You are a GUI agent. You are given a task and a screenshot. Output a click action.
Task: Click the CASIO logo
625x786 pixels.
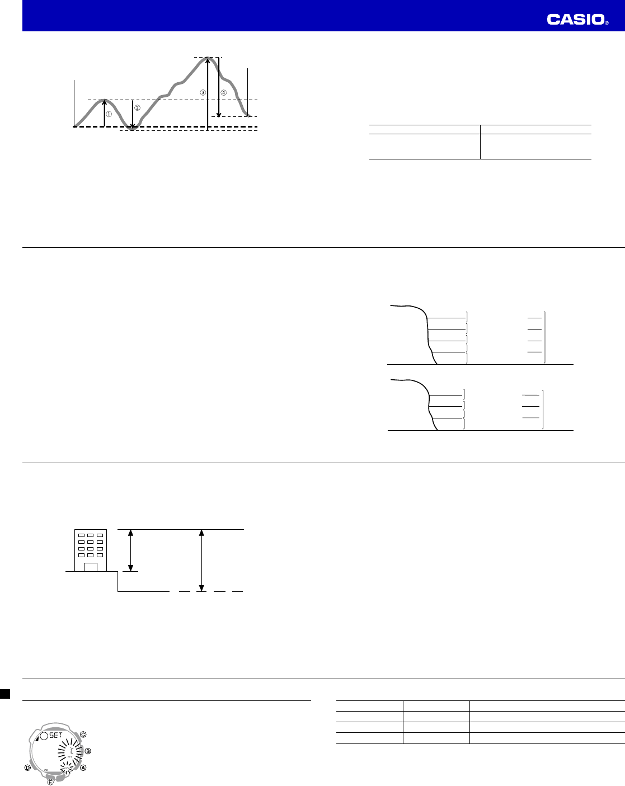click(577, 20)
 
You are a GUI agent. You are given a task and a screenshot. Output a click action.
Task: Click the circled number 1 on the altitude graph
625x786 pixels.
click(109, 114)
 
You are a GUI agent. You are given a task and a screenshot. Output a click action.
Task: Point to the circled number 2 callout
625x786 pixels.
click(138, 108)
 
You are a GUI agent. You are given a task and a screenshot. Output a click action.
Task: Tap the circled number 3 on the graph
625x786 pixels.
click(203, 92)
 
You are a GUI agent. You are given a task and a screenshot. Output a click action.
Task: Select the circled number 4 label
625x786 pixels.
click(224, 92)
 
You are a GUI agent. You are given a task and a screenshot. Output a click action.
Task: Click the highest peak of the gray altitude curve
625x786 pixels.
click(208, 58)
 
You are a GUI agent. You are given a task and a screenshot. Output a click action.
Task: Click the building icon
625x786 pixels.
click(90, 550)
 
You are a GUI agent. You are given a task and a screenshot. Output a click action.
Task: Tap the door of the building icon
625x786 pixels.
click(90, 567)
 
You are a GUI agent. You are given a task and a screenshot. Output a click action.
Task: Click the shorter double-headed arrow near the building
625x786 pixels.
click(131, 550)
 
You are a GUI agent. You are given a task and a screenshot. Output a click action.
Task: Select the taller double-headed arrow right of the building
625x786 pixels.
click(201, 559)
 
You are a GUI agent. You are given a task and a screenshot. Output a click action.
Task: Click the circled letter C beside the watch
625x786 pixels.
click(83, 734)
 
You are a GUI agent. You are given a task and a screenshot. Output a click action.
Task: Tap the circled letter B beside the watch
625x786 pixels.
click(88, 751)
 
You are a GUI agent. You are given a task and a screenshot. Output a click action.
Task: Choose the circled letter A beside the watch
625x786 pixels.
click(83, 768)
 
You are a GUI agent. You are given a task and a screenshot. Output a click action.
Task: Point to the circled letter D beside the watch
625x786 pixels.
click(27, 768)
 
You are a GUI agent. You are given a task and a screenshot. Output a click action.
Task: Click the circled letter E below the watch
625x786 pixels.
click(50, 782)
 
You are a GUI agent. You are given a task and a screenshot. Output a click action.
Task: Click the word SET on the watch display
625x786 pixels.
click(55, 735)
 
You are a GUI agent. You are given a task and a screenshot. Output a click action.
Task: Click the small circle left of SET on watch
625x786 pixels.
click(43, 735)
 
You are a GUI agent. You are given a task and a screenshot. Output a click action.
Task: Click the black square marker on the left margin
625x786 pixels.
click(4, 694)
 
